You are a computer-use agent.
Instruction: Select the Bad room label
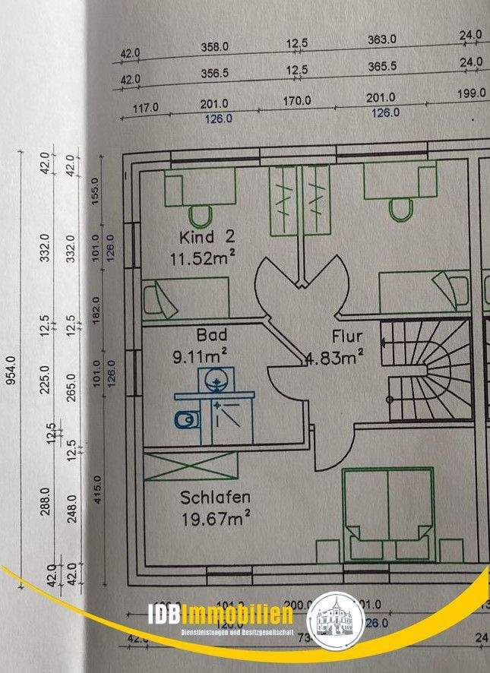[212, 334]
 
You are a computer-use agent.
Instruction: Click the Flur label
[347, 335]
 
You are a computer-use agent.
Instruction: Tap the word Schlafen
[216, 498]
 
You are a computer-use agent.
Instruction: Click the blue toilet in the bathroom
[185, 419]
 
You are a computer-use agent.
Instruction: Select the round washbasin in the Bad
[215, 378]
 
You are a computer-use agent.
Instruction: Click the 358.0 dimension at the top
[215, 47]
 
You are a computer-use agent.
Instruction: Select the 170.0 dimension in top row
[296, 101]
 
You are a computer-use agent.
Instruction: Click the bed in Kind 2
[186, 297]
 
